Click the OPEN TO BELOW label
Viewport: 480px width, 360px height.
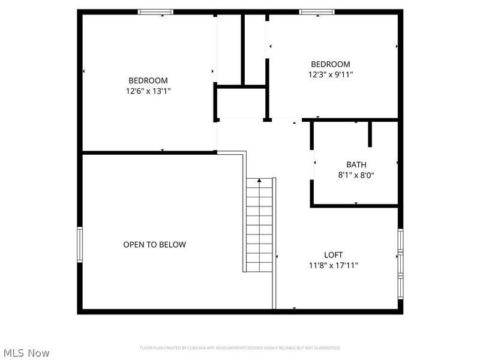tap(154, 245)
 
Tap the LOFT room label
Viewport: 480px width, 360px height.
tap(334, 255)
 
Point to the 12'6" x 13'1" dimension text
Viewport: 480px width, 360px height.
tap(148, 92)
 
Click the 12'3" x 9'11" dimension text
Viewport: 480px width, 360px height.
tap(330, 75)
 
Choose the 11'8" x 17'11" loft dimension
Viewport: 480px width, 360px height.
tap(334, 265)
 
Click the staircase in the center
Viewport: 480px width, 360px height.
tap(259, 225)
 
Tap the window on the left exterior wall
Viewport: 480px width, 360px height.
tap(79, 244)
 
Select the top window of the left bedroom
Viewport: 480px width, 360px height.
tap(155, 11)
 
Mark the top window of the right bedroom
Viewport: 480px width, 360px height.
tap(317, 11)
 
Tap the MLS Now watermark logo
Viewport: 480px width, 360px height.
tap(26, 353)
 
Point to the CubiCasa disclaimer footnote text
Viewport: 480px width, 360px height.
tap(240, 348)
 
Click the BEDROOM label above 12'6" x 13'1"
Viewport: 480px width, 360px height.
tap(148, 81)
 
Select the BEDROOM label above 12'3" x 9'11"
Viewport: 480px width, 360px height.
tap(330, 64)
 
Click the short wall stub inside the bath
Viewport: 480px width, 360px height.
tap(370, 134)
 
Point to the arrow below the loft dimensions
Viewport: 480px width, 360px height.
tap(294, 308)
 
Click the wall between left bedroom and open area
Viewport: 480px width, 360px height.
tap(149, 152)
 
